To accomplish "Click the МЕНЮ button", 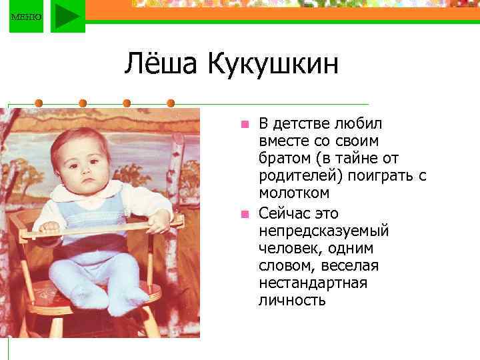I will [26, 17].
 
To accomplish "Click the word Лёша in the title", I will [161, 65].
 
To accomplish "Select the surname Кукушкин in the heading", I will [273, 65].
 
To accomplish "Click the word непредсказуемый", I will [323, 231].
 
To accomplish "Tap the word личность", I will [292, 301].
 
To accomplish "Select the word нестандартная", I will [313, 283].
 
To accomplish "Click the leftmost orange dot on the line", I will [39, 103].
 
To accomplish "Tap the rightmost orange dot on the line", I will [171, 103].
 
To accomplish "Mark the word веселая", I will [349, 266].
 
